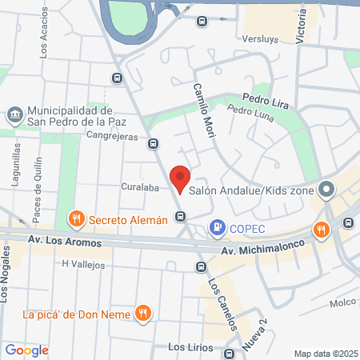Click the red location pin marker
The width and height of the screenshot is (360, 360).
180,178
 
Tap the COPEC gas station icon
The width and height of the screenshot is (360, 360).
216,228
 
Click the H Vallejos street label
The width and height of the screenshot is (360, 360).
84,263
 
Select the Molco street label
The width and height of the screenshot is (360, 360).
342,303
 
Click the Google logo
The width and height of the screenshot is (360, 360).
26,350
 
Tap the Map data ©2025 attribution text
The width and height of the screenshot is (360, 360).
324,354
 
